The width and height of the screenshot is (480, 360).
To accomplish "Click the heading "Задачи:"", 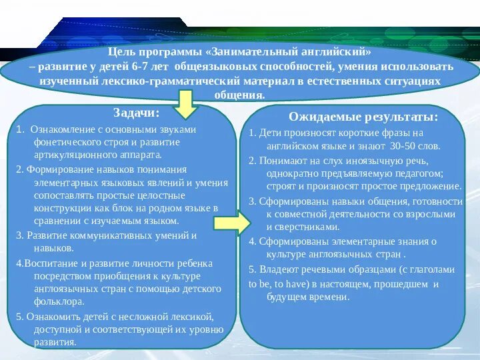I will [x=137, y=113].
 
